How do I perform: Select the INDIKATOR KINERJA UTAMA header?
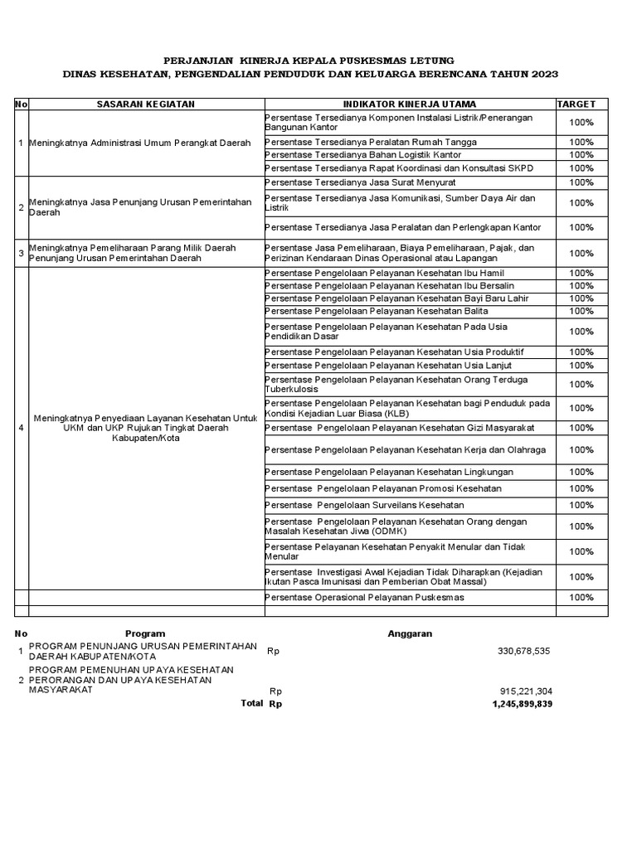[410, 104]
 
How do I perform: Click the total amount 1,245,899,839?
[521, 704]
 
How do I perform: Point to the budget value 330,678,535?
[523, 651]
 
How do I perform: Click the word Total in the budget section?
[251, 704]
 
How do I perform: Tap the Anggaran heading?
[410, 633]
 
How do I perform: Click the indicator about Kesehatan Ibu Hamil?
[384, 273]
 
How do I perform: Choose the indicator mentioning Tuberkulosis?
[396, 384]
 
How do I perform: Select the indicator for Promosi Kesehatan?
[383, 488]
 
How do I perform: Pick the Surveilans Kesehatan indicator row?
[364, 505]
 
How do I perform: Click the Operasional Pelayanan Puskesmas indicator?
[364, 597]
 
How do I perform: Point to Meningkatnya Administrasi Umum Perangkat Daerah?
[139, 143]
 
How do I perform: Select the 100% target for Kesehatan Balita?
[581, 311]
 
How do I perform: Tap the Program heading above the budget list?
[145, 633]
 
